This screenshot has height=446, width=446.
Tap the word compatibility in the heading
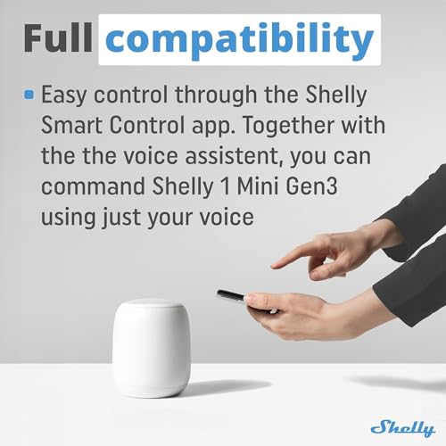pyautogui.click(x=246, y=40)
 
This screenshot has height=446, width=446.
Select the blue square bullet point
pyautogui.click(x=29, y=93)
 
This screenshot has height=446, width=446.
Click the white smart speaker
pyautogui.click(x=151, y=347)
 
